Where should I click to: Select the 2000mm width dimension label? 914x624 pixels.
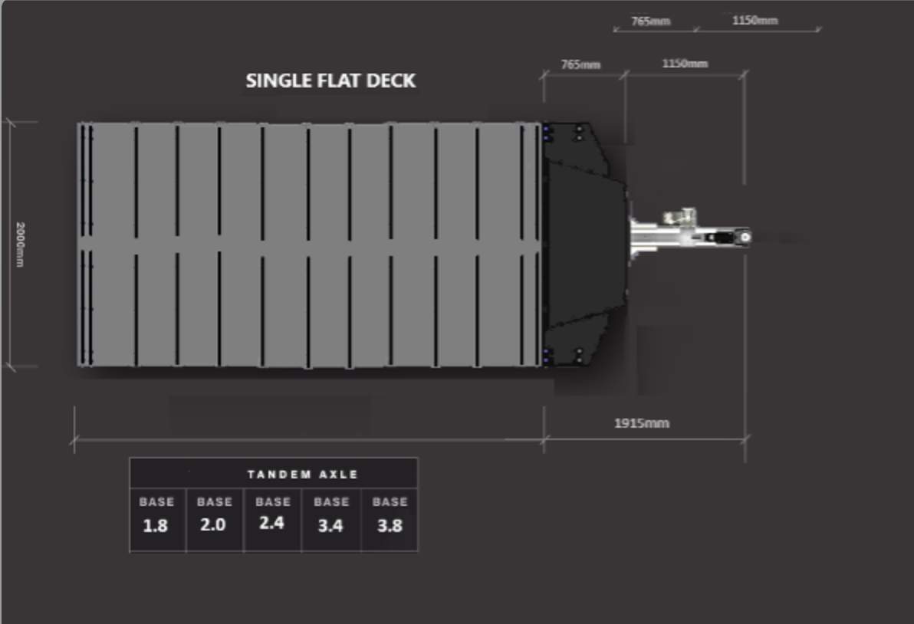20,245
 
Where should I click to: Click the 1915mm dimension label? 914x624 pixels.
642,424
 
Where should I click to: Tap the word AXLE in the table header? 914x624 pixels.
338,475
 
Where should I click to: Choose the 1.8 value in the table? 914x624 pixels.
156,526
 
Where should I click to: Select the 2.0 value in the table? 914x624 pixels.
212,525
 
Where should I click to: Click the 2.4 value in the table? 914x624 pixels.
271,524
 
